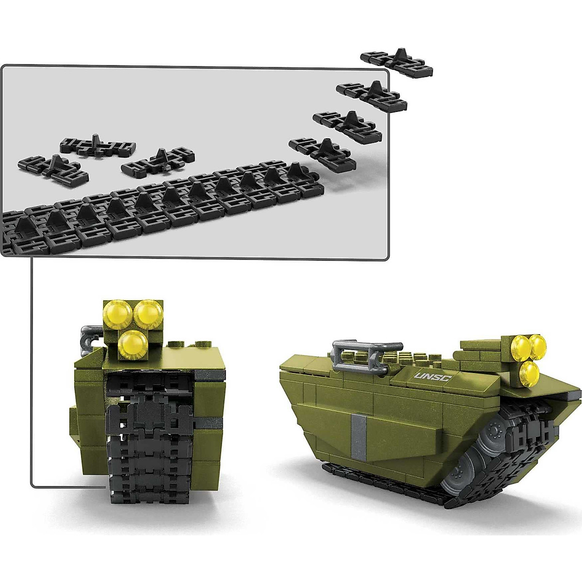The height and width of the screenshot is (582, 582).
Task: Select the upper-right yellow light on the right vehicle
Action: [537, 344]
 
